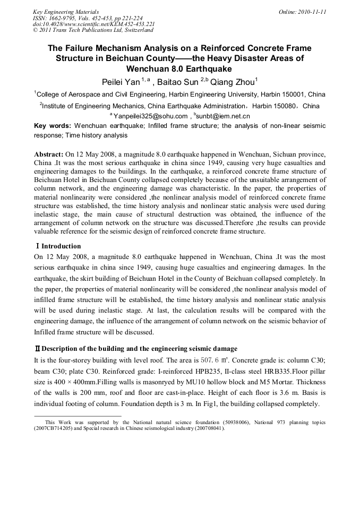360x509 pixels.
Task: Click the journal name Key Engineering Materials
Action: click(66, 11)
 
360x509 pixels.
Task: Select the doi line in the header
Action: click(93, 24)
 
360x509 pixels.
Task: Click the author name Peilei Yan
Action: click(122, 82)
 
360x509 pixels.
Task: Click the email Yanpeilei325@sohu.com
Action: click(150, 116)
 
